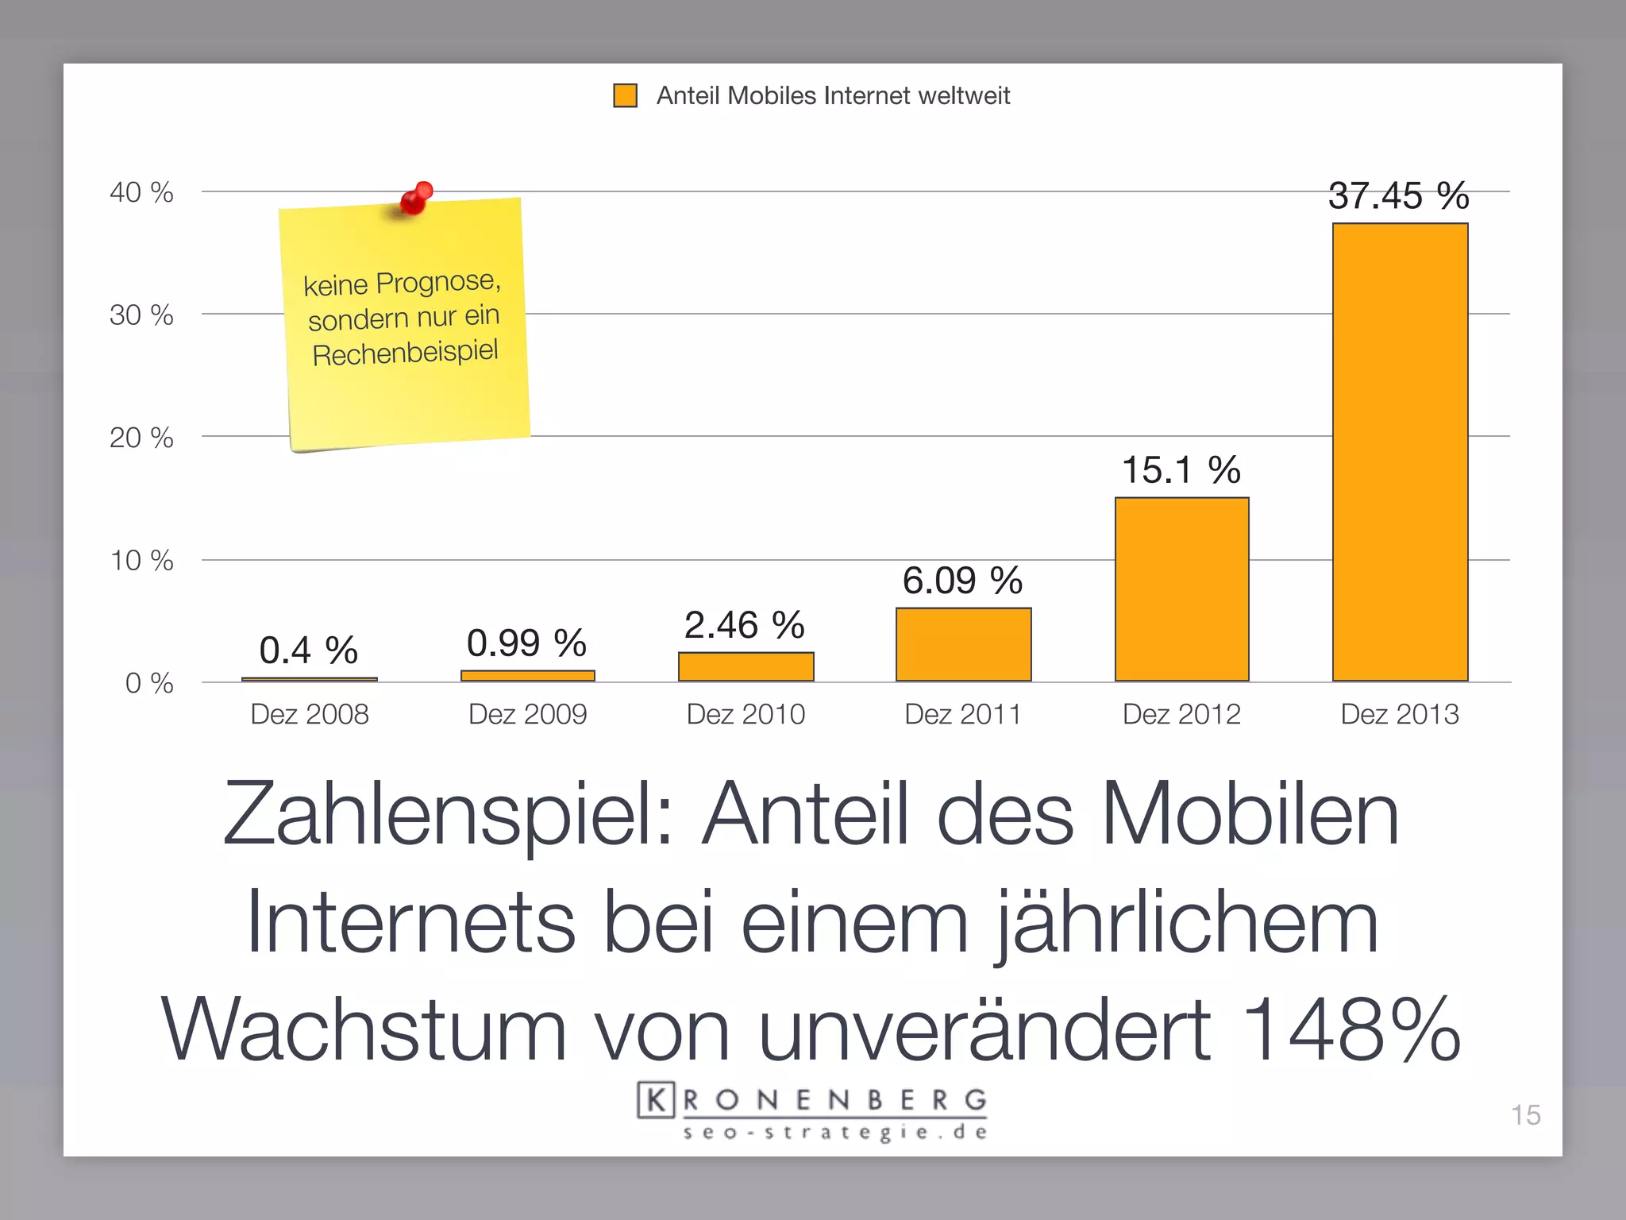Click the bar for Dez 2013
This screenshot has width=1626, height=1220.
point(1400,452)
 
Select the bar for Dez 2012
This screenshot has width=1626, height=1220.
point(1181,589)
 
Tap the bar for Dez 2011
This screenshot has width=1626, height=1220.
point(963,644)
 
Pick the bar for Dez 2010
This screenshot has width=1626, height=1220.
point(746,666)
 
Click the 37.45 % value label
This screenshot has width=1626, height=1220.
point(1398,195)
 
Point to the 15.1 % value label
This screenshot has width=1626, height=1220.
point(1181,469)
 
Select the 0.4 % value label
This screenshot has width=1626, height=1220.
point(308,651)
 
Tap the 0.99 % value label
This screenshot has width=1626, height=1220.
point(526,643)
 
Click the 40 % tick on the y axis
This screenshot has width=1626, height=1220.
point(141,192)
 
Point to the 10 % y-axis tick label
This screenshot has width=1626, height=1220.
point(141,561)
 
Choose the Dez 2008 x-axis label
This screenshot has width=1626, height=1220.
point(310,714)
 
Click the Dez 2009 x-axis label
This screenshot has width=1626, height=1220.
point(527,714)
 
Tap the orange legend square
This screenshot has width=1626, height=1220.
point(626,95)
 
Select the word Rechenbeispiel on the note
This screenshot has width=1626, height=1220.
point(405,352)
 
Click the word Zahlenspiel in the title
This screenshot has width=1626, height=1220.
point(449,815)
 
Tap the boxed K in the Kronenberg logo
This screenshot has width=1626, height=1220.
point(656,1100)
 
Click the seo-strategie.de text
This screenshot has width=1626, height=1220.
point(835,1132)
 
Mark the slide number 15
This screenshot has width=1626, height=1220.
point(1525,1115)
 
